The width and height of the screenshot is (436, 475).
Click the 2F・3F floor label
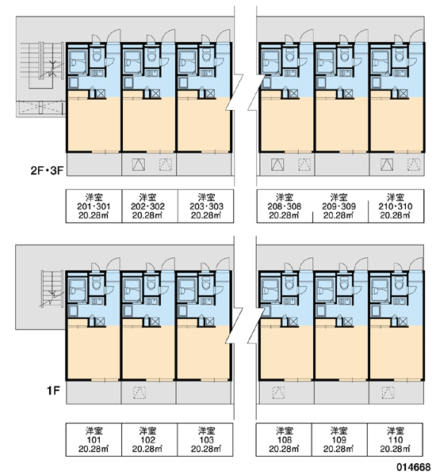click(x=47, y=171)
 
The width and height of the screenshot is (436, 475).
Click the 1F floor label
click(x=53, y=391)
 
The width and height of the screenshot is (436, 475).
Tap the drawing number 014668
click(x=415, y=467)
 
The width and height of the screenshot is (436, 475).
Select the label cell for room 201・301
click(x=94, y=207)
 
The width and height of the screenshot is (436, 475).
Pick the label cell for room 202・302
click(x=150, y=207)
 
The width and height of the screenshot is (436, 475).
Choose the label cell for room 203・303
click(x=205, y=207)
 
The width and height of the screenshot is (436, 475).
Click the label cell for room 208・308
click(x=285, y=207)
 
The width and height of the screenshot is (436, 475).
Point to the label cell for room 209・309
click(x=340, y=207)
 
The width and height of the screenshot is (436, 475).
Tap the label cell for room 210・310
click(x=396, y=207)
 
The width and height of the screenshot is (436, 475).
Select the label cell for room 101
click(x=94, y=439)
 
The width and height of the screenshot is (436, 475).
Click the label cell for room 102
click(x=150, y=439)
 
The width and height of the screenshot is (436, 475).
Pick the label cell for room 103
click(x=205, y=439)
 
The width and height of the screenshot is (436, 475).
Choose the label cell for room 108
click(x=284, y=439)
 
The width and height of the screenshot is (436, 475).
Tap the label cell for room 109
click(x=340, y=439)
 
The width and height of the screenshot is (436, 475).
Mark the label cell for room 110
click(x=396, y=439)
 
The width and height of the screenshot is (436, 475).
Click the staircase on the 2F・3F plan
click(x=43, y=66)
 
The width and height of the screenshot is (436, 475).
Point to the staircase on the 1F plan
click(x=52, y=289)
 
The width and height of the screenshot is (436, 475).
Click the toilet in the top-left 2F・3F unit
click(x=97, y=55)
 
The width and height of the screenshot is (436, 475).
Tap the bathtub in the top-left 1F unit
click(x=77, y=291)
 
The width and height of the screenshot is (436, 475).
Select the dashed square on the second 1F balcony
click(x=140, y=393)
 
